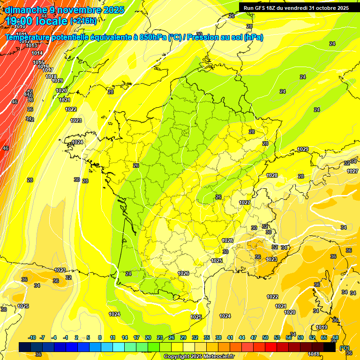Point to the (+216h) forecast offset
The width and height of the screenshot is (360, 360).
pyautogui.click(x=83, y=21)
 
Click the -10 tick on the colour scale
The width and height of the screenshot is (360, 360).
pyautogui.click(x=32, y=337)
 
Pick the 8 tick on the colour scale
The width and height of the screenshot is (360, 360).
pyautogui.click(x=100, y=337)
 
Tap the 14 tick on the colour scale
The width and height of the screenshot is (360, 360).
pyautogui.click(x=125, y=337)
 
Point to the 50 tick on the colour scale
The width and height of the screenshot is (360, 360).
pyautogui.click(x=265, y=337)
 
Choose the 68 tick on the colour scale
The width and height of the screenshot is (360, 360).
pyautogui.click(x=336, y=337)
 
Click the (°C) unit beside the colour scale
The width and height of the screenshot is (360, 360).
pyautogui.click(x=345, y=347)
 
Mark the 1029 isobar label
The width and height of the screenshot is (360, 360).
pyautogui.click(x=303, y=150)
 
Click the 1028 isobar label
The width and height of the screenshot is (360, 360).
pyautogui.click(x=272, y=176)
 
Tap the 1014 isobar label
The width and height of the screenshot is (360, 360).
pyautogui.click(x=37, y=53)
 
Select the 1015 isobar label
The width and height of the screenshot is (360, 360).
pyautogui.click(x=38, y=62)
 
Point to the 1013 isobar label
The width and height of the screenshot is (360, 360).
pyautogui.click(x=31, y=45)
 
